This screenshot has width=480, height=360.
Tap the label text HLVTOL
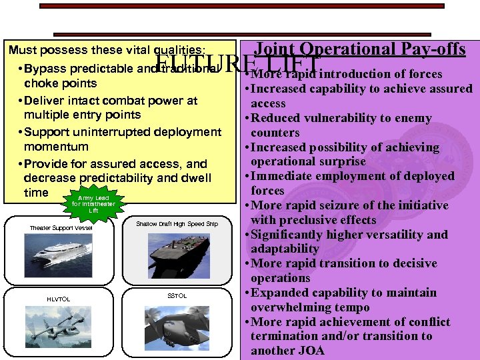[x=58, y=298]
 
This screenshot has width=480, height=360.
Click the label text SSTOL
[x=177, y=295]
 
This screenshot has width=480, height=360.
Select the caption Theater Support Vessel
[x=61, y=228]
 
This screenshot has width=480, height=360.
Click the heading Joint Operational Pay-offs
[x=361, y=49]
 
